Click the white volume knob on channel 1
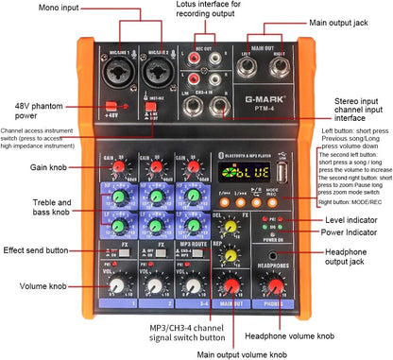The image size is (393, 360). click(116, 284)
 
